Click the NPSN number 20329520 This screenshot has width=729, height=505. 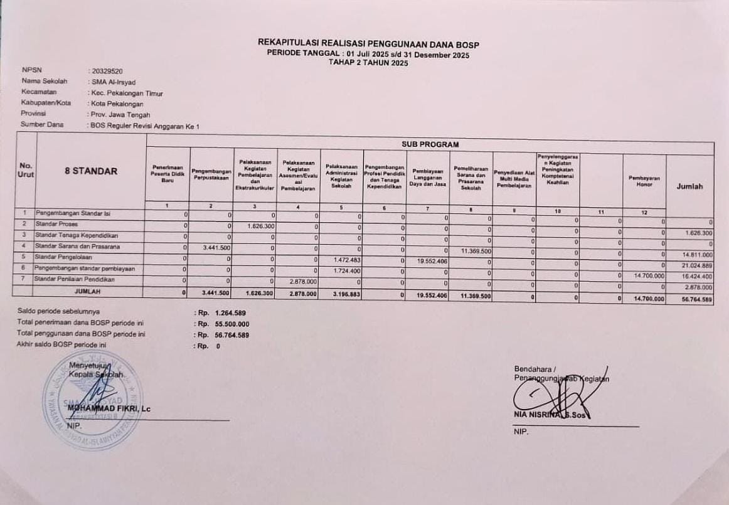(x=107, y=72)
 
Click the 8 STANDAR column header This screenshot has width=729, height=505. (x=92, y=171)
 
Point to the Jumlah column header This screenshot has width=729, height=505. (x=689, y=186)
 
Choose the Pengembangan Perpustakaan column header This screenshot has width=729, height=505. (x=211, y=174)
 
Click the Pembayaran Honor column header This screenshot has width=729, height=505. (x=644, y=181)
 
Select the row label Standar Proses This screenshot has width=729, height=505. (x=53, y=224)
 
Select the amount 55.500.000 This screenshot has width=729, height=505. (x=232, y=324)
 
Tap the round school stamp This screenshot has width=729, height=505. (x=92, y=401)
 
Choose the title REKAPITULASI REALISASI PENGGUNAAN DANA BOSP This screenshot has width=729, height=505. (x=368, y=43)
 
